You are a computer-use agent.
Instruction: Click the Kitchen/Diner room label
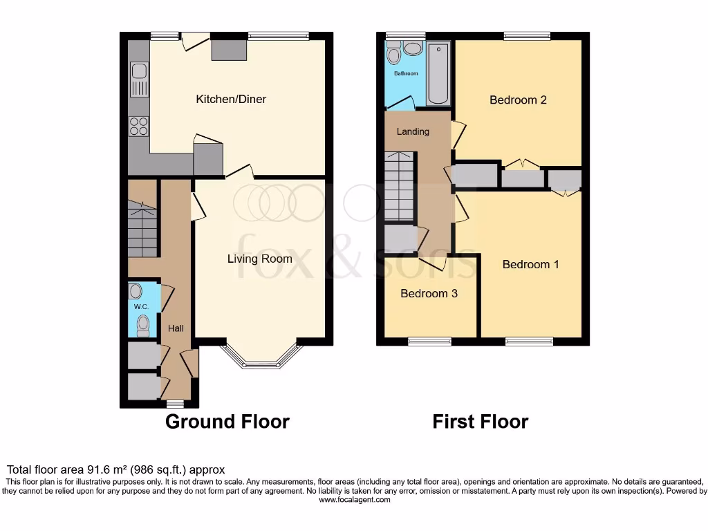coord(231,100)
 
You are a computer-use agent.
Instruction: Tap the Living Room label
coord(260,259)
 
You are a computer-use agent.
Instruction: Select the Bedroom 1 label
coord(530,264)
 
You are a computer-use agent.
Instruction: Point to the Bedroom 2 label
coord(518,100)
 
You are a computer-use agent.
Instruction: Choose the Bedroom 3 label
coord(429,293)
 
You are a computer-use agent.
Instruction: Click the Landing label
coord(413,131)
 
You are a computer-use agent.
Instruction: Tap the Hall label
coord(176,328)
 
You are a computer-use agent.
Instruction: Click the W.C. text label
coord(141,307)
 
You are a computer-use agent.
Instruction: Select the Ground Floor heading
coord(227,421)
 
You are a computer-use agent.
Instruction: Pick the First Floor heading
coord(481,421)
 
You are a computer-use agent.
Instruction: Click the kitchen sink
coord(139,79)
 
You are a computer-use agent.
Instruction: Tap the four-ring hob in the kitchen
coord(138,126)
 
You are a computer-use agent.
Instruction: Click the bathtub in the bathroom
coord(438,73)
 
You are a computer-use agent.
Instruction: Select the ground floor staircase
coord(142,228)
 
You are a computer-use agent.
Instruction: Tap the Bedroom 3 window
coord(429,341)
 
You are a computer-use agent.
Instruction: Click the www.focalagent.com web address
coord(354,499)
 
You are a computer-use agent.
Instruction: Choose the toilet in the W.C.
coord(143,324)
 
